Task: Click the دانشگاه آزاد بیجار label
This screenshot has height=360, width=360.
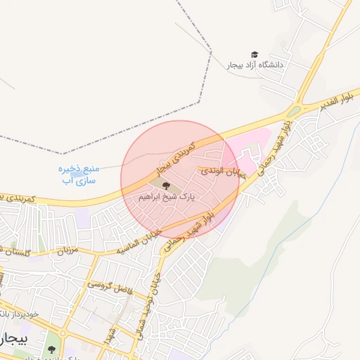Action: [x=255, y=65]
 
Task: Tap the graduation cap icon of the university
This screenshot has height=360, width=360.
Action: [x=255, y=54]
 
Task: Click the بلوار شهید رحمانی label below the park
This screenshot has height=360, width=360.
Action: [x=184, y=235]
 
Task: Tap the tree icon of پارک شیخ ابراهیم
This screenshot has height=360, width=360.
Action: [x=167, y=186]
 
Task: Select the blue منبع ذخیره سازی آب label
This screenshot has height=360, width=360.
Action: [x=77, y=175]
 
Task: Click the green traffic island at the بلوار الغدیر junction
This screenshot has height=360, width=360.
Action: [x=292, y=110]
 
